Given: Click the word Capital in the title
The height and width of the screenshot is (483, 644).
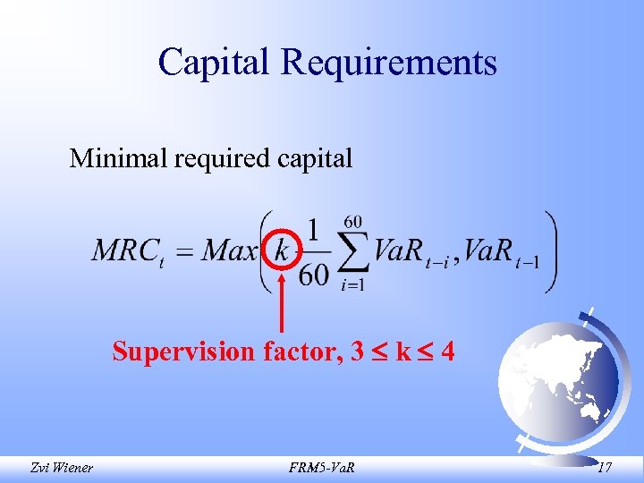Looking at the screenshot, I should tap(215, 62).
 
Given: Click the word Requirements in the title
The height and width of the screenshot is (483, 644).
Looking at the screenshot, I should tap(388, 62).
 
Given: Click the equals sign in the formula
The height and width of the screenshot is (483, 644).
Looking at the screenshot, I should tap(184, 250).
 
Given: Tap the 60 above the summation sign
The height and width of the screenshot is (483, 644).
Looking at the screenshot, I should tap(352, 220).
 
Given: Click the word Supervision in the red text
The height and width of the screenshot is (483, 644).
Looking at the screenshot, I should tap(183, 352).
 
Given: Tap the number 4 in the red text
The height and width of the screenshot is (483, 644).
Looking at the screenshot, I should tap(446, 352).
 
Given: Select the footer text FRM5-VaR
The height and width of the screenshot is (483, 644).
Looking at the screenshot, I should tap(321, 465).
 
